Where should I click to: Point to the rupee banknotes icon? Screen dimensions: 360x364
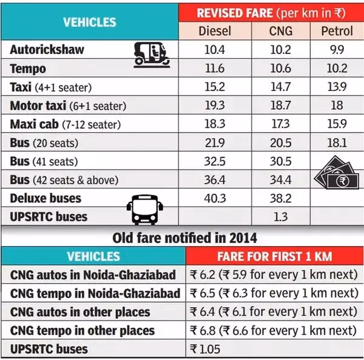[335, 173]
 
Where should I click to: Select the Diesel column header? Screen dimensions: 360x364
[215, 31]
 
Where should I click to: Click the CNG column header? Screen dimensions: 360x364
[280, 31]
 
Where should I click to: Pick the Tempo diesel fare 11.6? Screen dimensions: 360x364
[215, 68]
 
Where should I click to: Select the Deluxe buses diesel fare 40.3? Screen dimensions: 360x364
[215, 198]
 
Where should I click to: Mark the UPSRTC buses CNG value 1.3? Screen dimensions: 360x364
[280, 217]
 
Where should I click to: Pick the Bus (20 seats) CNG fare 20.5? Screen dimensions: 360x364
[280, 143]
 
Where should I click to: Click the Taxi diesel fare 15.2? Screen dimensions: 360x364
[215, 87]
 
